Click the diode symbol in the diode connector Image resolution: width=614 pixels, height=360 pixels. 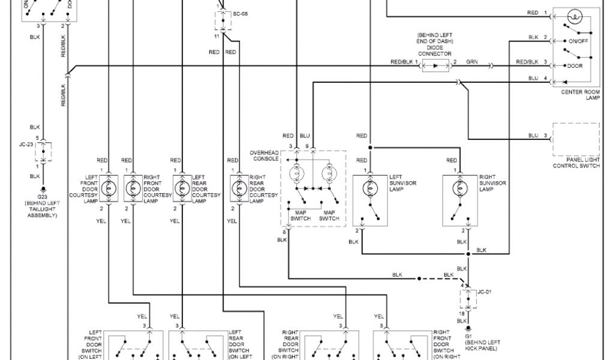434,63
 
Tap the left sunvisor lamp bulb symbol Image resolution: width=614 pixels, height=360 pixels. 371,188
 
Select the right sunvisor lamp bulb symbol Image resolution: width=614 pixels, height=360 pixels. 460,188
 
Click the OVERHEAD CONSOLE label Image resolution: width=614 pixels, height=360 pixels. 264,156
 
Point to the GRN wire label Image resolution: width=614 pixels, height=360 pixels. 472,62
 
